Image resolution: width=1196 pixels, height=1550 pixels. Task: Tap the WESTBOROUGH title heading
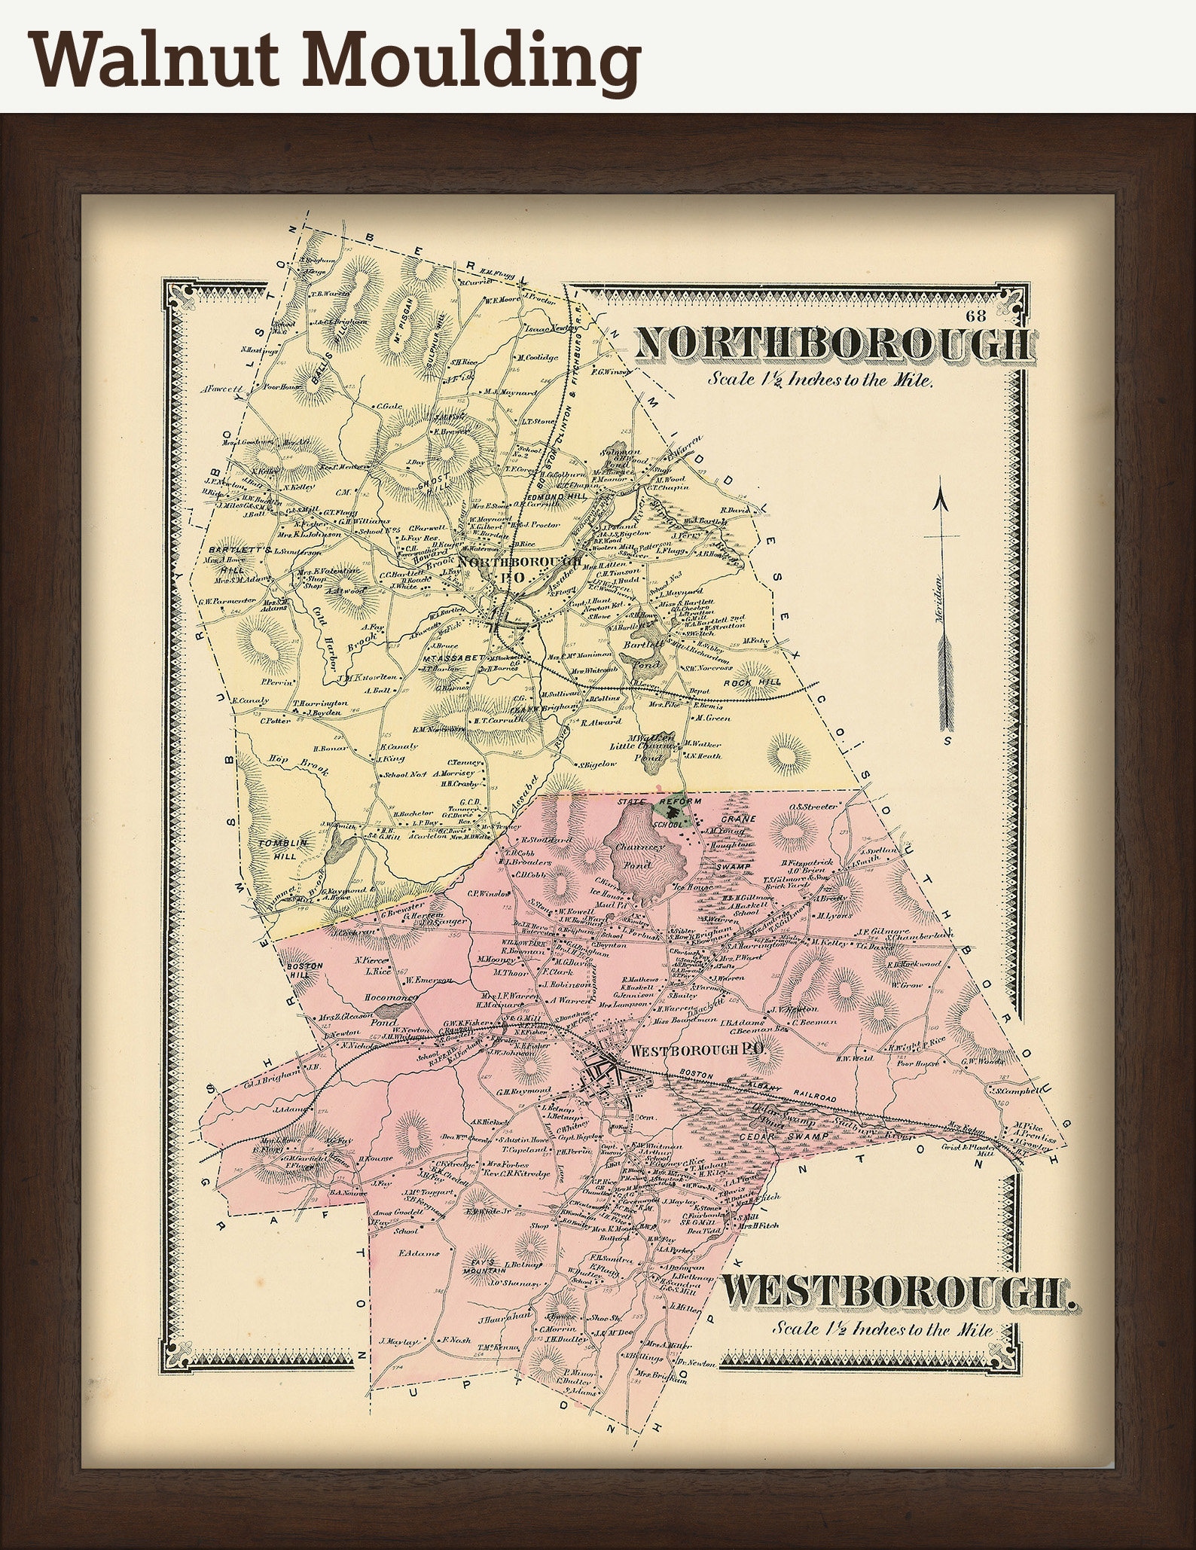(896, 1292)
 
